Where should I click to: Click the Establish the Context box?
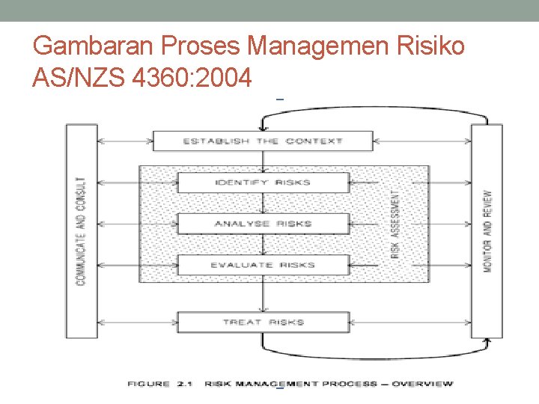point(263,141)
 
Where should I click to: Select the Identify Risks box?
point(263,183)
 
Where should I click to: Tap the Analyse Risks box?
point(263,224)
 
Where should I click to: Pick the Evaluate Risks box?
point(263,265)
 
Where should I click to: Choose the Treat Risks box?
point(263,322)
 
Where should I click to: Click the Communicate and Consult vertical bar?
point(82,230)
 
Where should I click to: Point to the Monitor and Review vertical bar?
point(487,230)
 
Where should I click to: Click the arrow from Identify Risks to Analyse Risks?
point(263,203)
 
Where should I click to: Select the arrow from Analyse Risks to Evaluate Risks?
point(263,245)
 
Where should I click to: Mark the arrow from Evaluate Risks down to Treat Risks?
point(263,293)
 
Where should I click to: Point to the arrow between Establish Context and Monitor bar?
point(421,141)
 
